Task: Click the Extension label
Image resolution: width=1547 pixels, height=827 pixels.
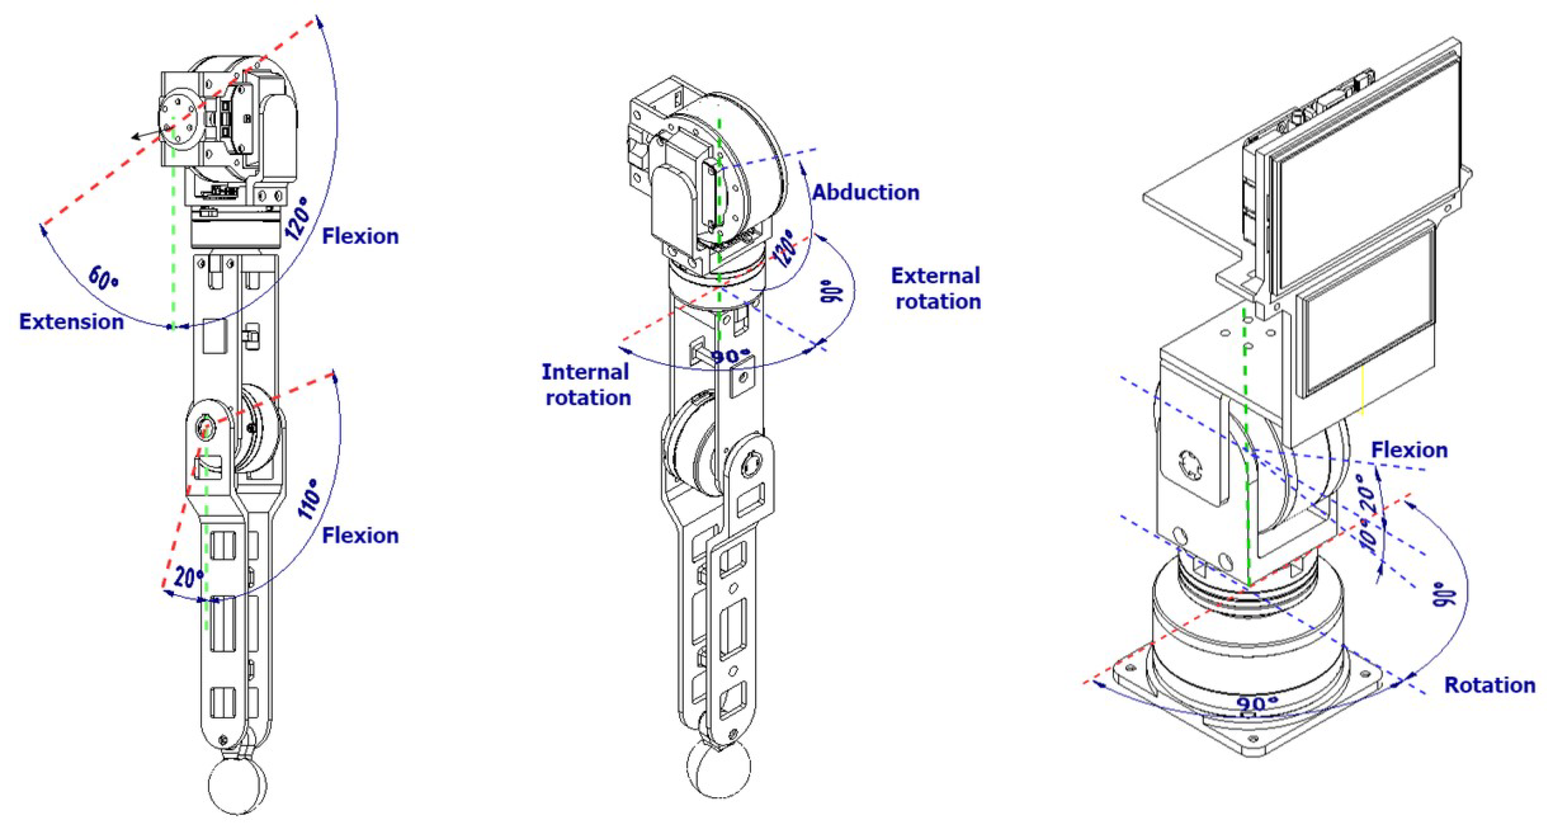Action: [72, 322]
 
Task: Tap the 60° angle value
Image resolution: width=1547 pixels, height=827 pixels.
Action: [104, 278]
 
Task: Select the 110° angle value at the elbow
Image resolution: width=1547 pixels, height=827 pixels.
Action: [311, 498]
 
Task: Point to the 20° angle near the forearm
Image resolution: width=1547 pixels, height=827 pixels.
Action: [188, 577]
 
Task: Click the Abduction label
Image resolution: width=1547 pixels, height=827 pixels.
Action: [866, 192]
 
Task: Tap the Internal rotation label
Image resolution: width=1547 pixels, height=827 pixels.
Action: [587, 385]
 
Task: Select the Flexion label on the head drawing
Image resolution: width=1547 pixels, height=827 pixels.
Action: [1410, 450]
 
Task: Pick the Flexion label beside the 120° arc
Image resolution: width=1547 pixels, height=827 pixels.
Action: [360, 236]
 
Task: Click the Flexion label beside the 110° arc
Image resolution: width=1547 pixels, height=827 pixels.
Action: [360, 535]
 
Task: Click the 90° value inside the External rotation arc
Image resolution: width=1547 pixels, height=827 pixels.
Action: [831, 291]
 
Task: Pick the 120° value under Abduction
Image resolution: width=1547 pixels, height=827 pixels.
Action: [784, 248]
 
